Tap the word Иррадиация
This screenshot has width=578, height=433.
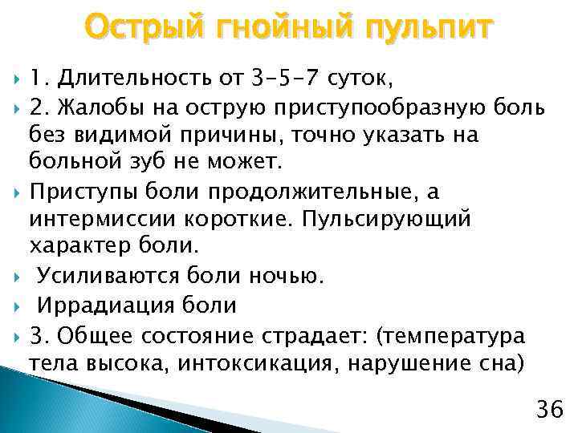click(x=100, y=305)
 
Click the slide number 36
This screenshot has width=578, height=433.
click(x=550, y=410)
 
